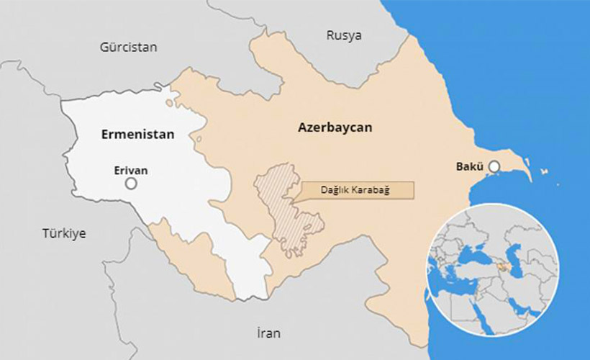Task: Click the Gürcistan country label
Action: [128, 48]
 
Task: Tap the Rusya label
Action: [344, 35]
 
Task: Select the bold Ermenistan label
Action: [137, 134]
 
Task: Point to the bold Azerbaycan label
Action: [335, 127]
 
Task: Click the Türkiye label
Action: [64, 233]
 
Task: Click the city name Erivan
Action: [131, 171]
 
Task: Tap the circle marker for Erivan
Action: [131, 184]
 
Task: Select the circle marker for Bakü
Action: [494, 167]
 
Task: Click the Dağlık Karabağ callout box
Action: [360, 190]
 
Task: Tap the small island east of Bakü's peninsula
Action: [545, 171]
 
